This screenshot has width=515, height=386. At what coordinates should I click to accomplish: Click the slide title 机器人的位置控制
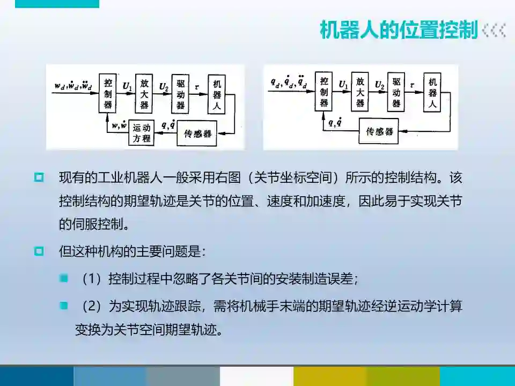(x=398, y=30)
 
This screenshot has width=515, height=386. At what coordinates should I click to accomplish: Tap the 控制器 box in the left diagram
(x=108, y=93)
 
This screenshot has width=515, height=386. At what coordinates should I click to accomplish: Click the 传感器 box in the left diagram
(x=197, y=133)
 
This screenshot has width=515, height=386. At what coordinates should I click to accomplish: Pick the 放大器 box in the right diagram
(x=359, y=92)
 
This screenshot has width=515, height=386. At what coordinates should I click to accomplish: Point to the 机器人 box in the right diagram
(x=432, y=92)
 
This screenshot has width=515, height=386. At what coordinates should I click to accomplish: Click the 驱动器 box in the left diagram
(x=180, y=93)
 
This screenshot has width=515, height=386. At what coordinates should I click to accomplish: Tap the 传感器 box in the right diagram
(x=380, y=132)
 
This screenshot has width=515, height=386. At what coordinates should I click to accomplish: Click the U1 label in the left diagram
(x=127, y=85)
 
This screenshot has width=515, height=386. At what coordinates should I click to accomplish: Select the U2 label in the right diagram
(x=379, y=85)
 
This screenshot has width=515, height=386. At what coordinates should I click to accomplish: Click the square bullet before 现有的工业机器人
(x=39, y=177)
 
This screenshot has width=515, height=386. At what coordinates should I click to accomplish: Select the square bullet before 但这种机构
(x=39, y=251)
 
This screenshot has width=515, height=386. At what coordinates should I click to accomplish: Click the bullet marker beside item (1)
(x=64, y=278)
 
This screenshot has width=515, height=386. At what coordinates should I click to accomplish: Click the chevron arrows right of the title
(x=494, y=30)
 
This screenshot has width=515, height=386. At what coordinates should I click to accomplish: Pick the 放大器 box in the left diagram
(x=144, y=93)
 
